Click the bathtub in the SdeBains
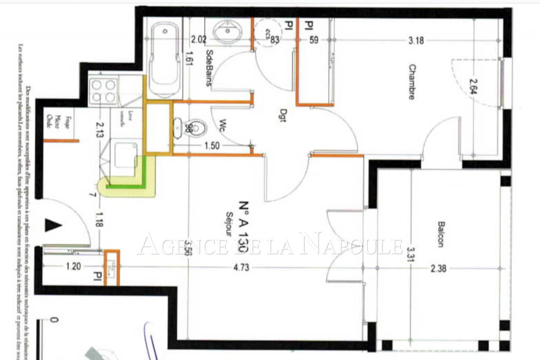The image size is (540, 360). coord(165,59)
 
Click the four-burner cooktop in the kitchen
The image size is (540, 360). coord(103,91)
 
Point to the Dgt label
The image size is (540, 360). coord(283,119)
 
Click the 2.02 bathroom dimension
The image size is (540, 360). coord(198,39)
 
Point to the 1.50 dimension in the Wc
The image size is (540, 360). coord(213,145)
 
